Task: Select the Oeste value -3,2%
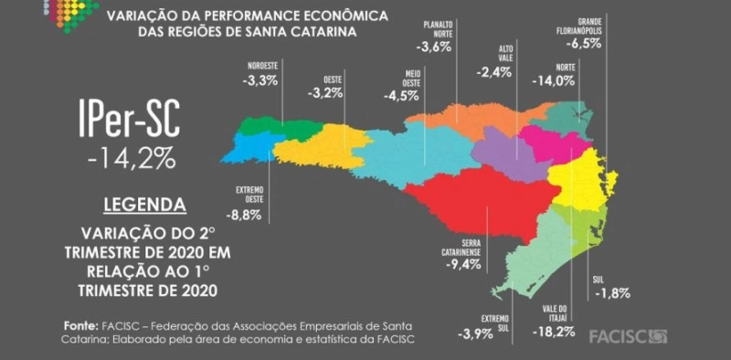pos(326,93)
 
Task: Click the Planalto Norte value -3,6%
pos(433,46)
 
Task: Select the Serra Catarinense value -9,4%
pos(462,266)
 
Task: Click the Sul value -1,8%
pos(611,292)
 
